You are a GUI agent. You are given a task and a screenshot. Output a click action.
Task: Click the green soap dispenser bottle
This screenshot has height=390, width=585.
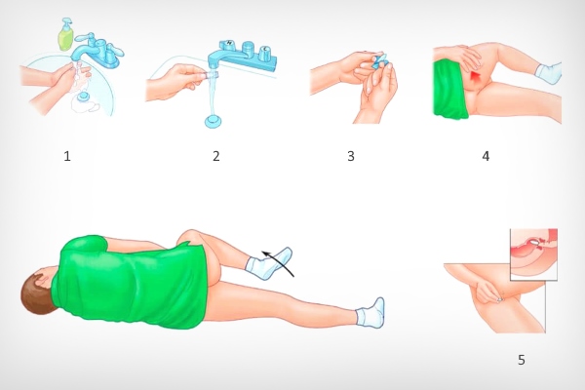[x=66, y=35]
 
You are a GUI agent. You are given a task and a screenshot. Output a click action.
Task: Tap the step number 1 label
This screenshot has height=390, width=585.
[x=67, y=156]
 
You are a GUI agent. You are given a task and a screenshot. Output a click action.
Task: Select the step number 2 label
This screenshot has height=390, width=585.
[x=216, y=156]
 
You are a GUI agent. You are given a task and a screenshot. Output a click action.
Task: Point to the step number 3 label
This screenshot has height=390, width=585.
[x=351, y=156]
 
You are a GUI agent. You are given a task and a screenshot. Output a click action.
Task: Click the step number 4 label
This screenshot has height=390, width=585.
[x=486, y=156]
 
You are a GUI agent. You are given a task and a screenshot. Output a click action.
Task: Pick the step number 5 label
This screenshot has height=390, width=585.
[x=522, y=360]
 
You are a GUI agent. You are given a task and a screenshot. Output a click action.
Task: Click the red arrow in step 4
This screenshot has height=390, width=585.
[x=475, y=77]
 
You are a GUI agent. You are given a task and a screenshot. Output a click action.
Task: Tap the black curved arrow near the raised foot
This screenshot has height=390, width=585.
[x=278, y=262]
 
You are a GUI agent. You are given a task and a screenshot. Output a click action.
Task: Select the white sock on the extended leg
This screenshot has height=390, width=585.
[x=370, y=313]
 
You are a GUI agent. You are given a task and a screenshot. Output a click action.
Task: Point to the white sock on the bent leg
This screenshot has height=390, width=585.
[x=269, y=263]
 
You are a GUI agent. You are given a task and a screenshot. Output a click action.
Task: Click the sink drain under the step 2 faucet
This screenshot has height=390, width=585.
[x=213, y=122]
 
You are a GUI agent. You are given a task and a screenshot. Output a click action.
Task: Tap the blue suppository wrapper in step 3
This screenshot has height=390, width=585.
[x=380, y=60]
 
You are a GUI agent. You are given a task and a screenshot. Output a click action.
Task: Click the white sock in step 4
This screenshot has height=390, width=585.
[x=549, y=73]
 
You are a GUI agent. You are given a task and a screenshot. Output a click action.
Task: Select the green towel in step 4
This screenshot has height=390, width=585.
[x=450, y=91]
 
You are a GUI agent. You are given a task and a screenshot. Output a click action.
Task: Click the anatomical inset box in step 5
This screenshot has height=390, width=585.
[x=533, y=254]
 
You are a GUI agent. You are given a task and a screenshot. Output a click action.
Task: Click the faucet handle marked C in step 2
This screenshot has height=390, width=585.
[x=265, y=53]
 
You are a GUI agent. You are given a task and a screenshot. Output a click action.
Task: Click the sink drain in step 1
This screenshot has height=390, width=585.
[x=82, y=97]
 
